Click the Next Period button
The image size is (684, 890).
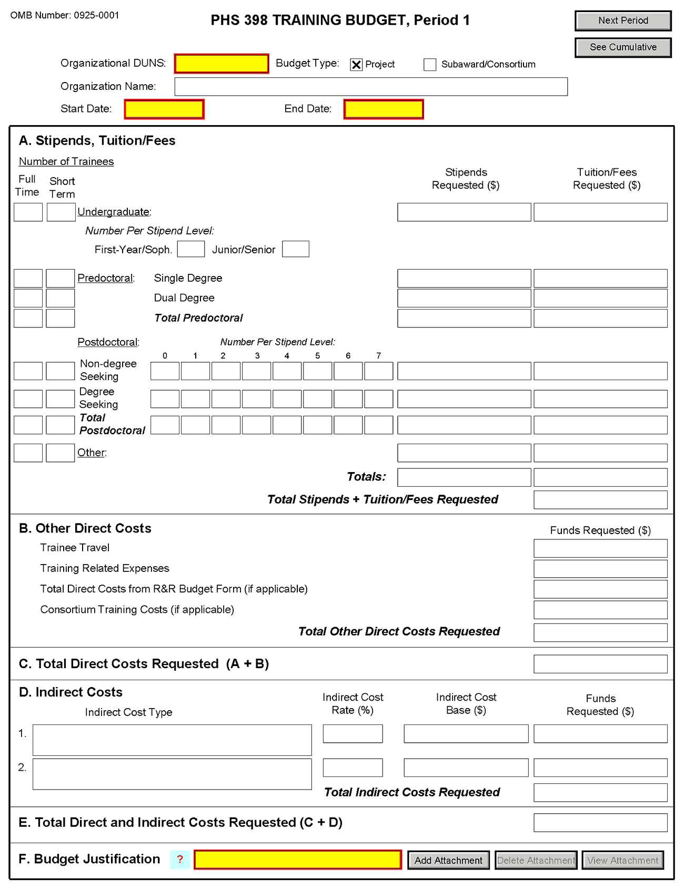(x=623, y=21)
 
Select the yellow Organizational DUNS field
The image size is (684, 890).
(x=222, y=64)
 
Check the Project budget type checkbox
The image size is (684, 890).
(x=356, y=65)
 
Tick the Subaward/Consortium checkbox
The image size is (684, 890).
(x=430, y=65)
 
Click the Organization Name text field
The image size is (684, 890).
(x=371, y=87)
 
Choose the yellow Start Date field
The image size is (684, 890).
(x=164, y=109)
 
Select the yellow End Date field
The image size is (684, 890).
(x=384, y=109)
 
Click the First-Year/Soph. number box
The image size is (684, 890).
(x=191, y=249)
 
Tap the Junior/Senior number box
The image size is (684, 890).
(x=296, y=249)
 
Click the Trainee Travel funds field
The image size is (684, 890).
(x=600, y=548)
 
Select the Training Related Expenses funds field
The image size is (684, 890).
(x=600, y=569)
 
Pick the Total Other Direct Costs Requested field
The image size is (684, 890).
(x=600, y=632)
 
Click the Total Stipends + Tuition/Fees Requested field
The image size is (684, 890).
(x=600, y=500)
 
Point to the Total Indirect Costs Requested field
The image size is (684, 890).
(x=600, y=793)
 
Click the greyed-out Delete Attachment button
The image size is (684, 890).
(x=536, y=861)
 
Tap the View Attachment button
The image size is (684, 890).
(x=622, y=861)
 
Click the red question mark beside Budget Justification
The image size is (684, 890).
(x=180, y=860)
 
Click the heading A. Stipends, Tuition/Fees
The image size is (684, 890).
(x=97, y=141)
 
